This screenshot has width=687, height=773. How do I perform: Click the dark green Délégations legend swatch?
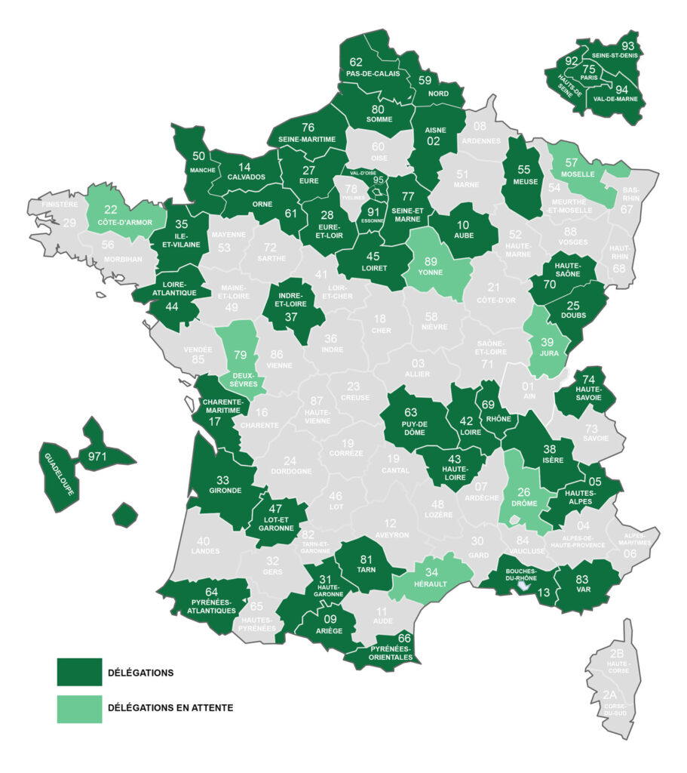[x=79, y=672]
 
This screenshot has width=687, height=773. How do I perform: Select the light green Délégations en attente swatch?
[x=79, y=708]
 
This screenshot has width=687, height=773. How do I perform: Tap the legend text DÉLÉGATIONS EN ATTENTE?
[x=170, y=708]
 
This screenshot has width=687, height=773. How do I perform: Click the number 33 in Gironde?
[x=223, y=479]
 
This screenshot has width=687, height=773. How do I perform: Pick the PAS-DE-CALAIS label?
[x=373, y=74]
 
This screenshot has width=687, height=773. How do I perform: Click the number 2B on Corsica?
[x=617, y=654]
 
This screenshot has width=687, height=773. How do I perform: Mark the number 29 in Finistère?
[x=69, y=223]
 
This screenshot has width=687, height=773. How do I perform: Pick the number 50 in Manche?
[x=199, y=156]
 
